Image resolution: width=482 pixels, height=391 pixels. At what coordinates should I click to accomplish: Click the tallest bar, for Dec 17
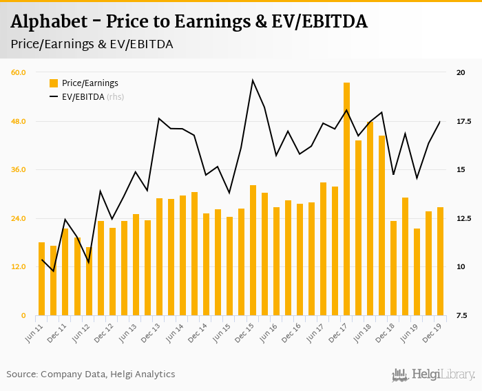346,199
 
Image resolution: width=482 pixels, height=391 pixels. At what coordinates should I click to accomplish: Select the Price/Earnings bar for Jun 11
41,279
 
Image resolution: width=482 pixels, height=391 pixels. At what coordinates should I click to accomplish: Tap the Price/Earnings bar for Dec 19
440,262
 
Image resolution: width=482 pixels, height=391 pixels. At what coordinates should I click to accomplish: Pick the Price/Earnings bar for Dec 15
253,251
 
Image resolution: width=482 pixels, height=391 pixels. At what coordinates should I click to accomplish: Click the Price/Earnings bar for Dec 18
393,268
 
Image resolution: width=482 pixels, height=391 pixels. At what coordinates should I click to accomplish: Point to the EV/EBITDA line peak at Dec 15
253,81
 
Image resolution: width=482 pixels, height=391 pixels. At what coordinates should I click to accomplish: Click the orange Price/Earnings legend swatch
54,83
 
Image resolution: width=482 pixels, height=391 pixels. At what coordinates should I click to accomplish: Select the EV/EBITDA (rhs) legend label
93,97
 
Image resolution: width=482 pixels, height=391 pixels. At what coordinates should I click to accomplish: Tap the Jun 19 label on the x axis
408,333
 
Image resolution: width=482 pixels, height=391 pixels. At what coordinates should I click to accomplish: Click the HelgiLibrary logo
433,374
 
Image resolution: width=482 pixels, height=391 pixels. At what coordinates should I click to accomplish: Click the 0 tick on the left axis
23,316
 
